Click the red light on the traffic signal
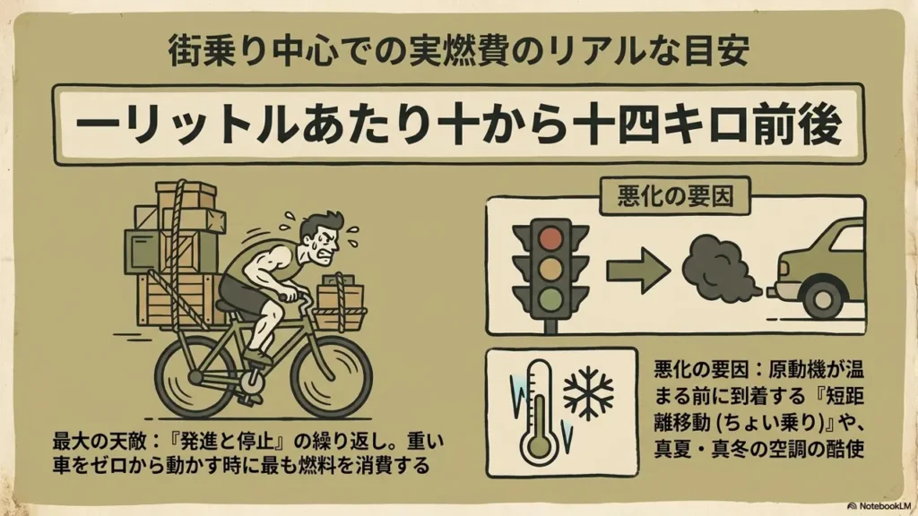tap(550, 238)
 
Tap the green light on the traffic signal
tap(550, 299)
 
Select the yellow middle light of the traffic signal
tap(550, 269)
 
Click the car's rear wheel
tap(826, 297)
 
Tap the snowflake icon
tap(588, 393)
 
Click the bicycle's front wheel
tap(332, 375)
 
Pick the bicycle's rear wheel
tap(196, 374)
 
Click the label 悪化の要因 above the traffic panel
tap(675, 196)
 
